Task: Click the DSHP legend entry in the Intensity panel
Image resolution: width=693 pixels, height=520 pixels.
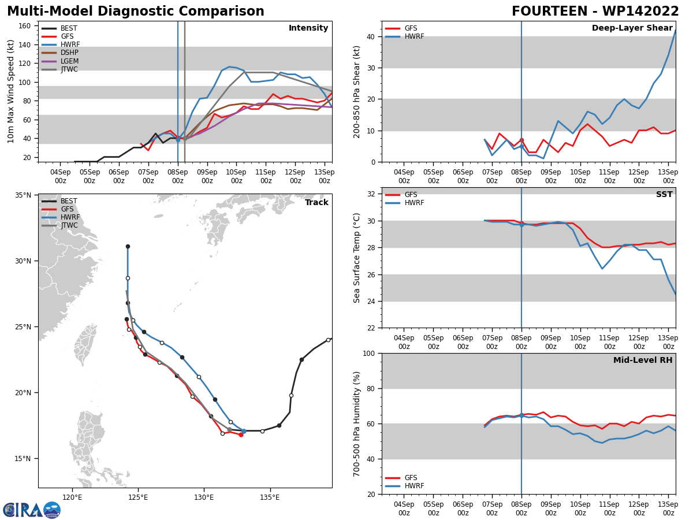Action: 59,53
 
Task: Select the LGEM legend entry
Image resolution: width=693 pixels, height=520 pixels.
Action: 60,61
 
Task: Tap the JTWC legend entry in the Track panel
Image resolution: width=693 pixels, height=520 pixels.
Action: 59,225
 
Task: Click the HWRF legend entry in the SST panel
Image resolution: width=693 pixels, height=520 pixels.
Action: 404,203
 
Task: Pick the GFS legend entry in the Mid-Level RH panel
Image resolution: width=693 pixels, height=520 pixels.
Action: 401,478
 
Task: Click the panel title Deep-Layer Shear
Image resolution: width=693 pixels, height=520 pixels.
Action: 632,28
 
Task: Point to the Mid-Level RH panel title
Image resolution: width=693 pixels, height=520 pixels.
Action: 643,360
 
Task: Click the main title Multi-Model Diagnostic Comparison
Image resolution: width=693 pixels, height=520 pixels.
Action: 136,12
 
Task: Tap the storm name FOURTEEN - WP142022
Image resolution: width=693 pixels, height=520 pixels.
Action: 595,12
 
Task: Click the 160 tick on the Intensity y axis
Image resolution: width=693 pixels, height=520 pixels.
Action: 25,26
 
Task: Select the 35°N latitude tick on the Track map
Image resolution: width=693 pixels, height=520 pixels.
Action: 24,195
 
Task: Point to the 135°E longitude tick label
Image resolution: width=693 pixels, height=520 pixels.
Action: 270,497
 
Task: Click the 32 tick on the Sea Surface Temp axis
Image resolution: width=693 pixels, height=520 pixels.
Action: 371,194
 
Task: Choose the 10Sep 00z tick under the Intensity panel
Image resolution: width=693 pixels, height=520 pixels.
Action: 236,176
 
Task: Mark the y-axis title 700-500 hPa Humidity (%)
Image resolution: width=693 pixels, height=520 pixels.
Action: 356,424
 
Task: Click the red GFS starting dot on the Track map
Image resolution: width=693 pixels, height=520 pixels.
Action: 241,434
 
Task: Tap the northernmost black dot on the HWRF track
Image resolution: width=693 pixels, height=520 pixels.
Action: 128,247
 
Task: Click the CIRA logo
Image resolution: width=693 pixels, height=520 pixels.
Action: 32,510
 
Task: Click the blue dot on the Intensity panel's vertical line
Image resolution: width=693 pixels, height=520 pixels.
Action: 178,140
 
